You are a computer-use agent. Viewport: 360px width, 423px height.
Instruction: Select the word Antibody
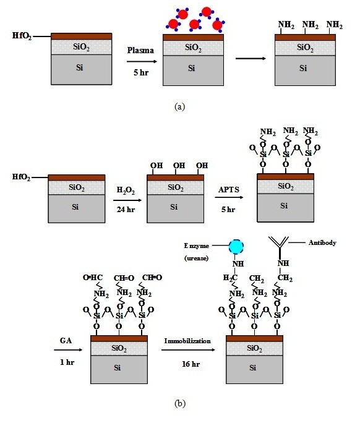pyautogui.click(x=322, y=242)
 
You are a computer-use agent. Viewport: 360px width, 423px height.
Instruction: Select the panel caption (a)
pyautogui.click(x=179, y=106)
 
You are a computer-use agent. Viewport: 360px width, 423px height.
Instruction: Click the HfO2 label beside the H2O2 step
pyautogui.click(x=22, y=177)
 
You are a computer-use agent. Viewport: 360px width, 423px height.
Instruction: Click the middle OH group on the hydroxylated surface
pyautogui.click(x=179, y=166)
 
